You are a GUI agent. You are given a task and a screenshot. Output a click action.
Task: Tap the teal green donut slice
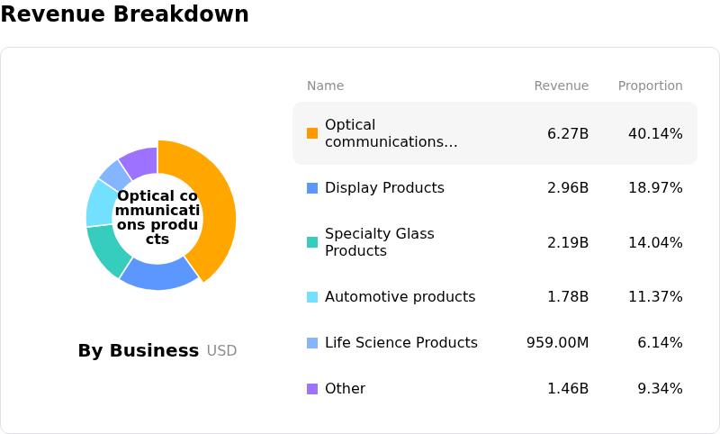(x=106, y=249)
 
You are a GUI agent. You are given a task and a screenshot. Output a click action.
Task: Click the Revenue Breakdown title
(x=124, y=14)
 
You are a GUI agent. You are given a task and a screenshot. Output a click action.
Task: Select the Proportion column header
(x=650, y=86)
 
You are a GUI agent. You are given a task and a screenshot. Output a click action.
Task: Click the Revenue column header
(x=561, y=86)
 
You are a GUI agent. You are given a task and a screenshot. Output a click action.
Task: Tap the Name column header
(x=325, y=86)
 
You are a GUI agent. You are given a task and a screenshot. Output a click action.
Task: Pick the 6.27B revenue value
(x=568, y=133)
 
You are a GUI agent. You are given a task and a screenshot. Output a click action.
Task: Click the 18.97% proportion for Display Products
(x=655, y=188)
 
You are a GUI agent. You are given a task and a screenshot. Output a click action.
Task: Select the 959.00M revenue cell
(x=557, y=342)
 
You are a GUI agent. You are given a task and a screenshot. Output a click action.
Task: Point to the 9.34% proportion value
(x=660, y=389)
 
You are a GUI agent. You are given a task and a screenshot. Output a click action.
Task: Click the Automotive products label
(x=400, y=296)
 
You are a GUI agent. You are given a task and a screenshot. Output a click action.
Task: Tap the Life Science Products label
(x=401, y=342)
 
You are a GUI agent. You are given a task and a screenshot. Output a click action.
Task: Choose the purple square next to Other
(x=312, y=389)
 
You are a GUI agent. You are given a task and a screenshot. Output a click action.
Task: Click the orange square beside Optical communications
(x=312, y=133)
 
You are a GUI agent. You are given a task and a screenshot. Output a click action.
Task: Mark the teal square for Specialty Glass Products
(x=312, y=242)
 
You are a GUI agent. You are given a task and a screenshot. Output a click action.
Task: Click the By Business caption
(x=139, y=350)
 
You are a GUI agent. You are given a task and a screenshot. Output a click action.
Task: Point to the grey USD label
(x=221, y=351)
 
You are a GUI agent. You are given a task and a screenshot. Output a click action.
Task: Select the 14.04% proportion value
(x=655, y=242)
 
